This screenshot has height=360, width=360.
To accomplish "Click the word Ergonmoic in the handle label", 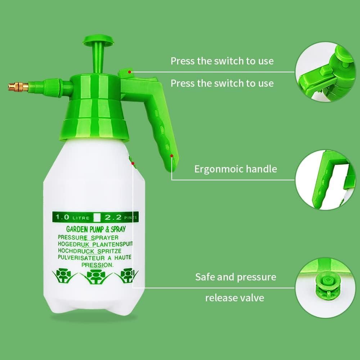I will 218,169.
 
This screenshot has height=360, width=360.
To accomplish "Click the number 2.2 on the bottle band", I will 111,217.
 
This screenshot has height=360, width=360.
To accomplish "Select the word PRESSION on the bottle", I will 98,265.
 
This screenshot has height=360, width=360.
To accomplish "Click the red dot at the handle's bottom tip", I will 172,156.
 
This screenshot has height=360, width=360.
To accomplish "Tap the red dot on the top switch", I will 129,72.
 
